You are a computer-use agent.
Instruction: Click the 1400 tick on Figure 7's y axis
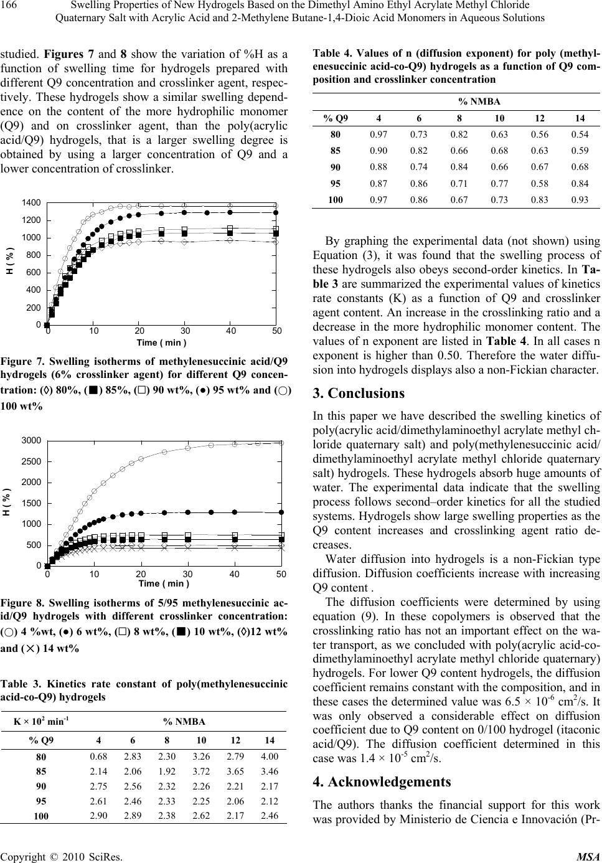pos(32,203)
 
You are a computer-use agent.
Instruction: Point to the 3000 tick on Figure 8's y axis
pos(32,441)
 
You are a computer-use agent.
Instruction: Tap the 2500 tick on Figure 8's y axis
pos(32,462)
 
